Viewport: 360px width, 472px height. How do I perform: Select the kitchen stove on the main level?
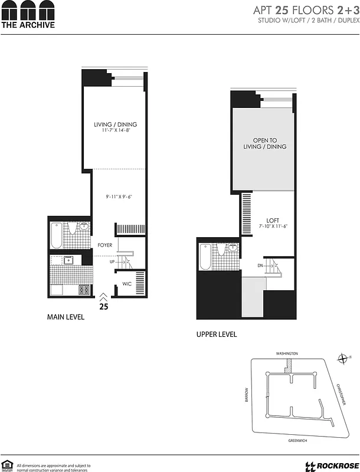pyautogui.click(x=84, y=290)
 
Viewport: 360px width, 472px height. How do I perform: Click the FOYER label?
pyautogui.click(x=105, y=244)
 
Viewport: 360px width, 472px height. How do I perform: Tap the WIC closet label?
pyautogui.click(x=126, y=284)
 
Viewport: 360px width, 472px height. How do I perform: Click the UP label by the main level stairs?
pyautogui.click(x=112, y=262)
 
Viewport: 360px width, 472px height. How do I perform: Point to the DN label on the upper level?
pyautogui.click(x=261, y=265)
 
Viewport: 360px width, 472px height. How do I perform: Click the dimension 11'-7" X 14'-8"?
pyautogui.click(x=116, y=131)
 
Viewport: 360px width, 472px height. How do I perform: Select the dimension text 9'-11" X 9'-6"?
pyautogui.click(x=115, y=196)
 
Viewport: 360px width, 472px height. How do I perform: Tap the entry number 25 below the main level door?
pyautogui.click(x=104, y=307)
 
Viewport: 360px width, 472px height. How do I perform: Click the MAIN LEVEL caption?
pyautogui.click(x=66, y=317)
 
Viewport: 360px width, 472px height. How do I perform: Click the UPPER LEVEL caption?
pyautogui.click(x=217, y=335)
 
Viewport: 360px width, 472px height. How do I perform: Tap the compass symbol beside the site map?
pyautogui.click(x=343, y=358)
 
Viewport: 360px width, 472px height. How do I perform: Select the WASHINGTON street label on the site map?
pyautogui.click(x=287, y=353)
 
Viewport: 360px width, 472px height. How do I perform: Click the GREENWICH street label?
pyautogui.click(x=299, y=440)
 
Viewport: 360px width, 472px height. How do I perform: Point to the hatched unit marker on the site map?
pyautogui.click(x=292, y=365)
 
